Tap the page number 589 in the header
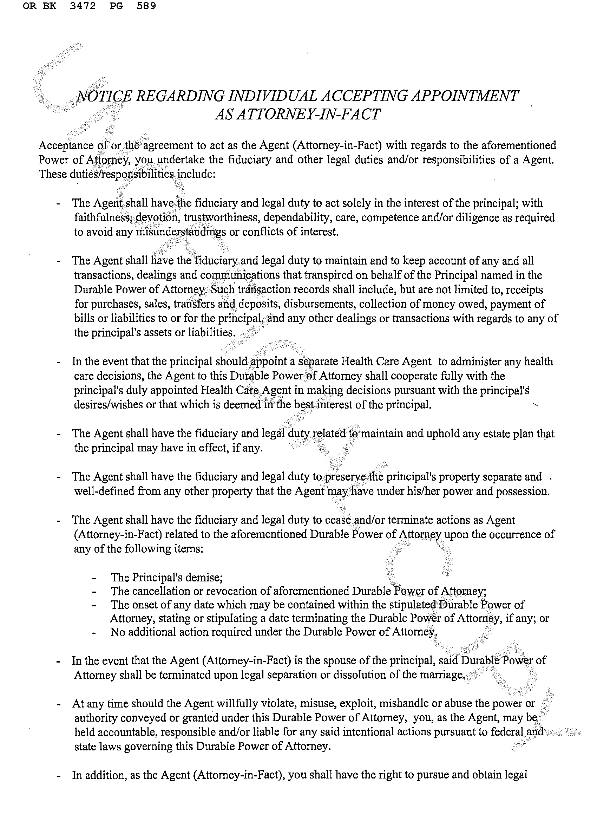(x=146, y=6)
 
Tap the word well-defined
(x=103, y=491)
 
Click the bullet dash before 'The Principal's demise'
(x=94, y=578)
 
